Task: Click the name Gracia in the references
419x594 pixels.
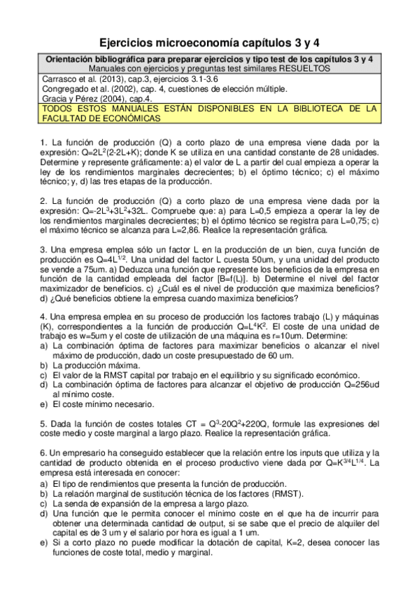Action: tap(55, 99)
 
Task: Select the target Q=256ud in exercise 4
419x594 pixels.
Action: tap(357, 383)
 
